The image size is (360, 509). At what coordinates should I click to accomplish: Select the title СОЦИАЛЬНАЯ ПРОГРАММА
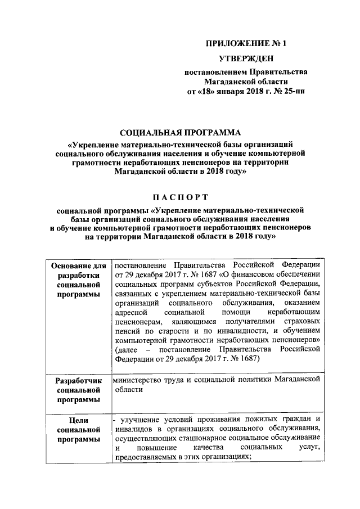coord(180,133)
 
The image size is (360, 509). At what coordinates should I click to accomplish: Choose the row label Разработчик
coord(78,381)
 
